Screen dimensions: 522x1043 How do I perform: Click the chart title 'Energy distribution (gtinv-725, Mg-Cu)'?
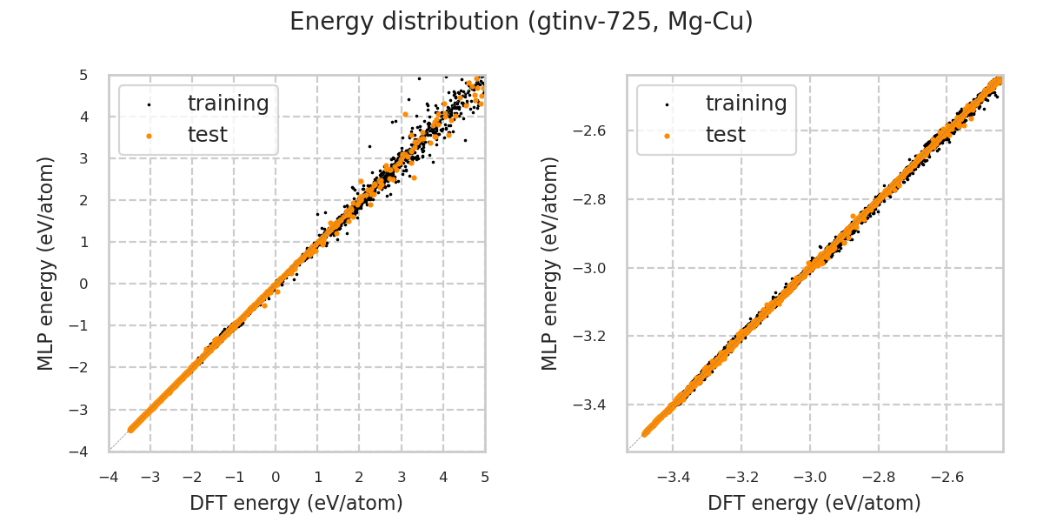(521, 22)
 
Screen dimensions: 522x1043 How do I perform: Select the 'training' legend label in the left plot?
(228, 104)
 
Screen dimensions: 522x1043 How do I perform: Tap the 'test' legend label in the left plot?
(207, 135)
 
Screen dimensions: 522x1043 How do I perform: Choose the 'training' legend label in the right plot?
(746, 104)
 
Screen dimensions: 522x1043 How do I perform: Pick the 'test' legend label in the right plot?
(725, 135)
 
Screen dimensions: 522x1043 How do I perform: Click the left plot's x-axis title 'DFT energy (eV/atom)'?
(296, 503)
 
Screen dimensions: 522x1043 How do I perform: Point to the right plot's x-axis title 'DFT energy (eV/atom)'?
(814, 503)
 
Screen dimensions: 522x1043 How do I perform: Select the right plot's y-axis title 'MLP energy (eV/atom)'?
(551, 263)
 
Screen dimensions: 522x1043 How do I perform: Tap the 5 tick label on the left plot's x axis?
(485, 477)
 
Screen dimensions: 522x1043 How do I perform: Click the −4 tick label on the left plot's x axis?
(109, 477)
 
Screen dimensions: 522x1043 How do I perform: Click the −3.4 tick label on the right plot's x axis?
(673, 477)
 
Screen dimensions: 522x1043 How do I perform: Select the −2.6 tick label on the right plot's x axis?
(947, 477)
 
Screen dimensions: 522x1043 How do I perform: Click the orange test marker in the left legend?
(149, 136)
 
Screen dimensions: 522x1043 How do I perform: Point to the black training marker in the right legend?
(667, 104)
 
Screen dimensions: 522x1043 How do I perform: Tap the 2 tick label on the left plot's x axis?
(360, 477)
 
